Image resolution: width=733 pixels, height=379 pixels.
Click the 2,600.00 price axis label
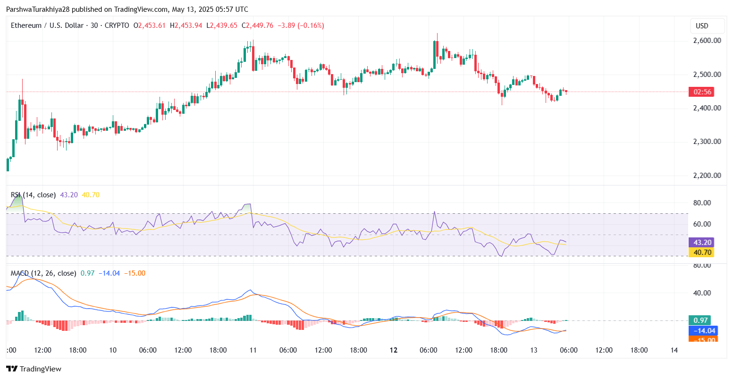(x=707, y=41)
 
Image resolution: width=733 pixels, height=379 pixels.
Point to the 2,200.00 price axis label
(x=707, y=176)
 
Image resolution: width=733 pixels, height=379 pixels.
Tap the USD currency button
(x=702, y=26)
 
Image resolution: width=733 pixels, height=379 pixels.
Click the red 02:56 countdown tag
(x=700, y=92)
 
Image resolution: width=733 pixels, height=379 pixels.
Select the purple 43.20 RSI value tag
(x=700, y=243)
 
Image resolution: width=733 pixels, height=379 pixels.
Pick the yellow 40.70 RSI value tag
(x=700, y=253)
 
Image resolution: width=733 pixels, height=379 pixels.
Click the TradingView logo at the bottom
(x=34, y=369)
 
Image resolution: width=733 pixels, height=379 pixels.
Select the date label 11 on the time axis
(x=253, y=350)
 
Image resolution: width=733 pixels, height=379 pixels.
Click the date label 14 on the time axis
(x=674, y=350)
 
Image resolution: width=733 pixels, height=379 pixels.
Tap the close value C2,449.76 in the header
(x=257, y=25)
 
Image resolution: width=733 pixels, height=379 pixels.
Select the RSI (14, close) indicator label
(x=33, y=195)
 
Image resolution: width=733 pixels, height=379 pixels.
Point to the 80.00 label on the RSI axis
(x=701, y=203)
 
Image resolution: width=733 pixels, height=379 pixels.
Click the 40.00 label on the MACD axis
(x=701, y=293)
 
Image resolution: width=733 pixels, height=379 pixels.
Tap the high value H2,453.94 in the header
(x=188, y=25)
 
